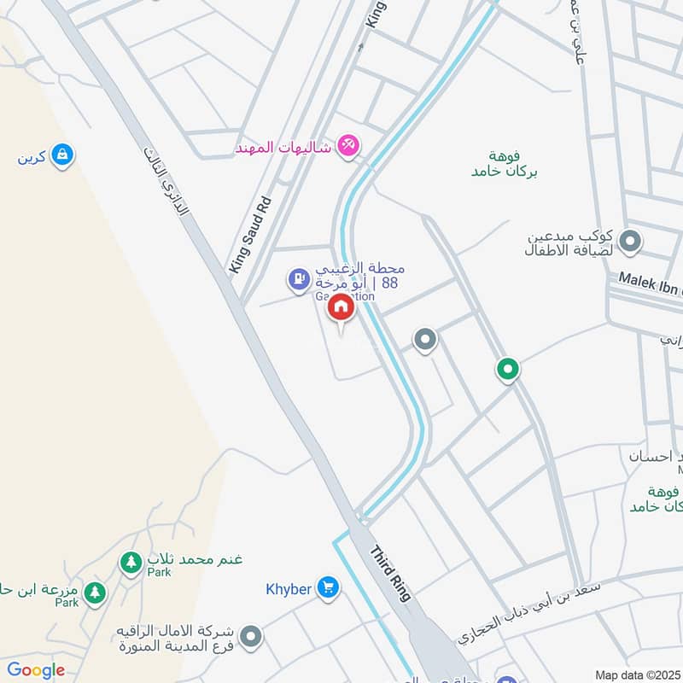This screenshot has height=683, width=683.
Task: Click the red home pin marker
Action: click(x=341, y=307)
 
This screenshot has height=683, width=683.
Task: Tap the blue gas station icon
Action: click(x=298, y=277)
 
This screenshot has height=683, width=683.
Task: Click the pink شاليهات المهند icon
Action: click(x=347, y=146)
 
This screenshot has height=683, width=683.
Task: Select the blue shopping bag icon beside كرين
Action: click(x=61, y=155)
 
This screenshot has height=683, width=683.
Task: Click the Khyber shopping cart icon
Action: click(x=327, y=587)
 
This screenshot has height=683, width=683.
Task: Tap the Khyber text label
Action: click(x=288, y=588)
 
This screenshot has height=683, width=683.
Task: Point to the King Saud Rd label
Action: click(x=250, y=235)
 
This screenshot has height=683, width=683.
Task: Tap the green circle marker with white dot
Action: click(x=508, y=370)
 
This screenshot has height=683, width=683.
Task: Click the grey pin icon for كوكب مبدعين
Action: click(x=630, y=242)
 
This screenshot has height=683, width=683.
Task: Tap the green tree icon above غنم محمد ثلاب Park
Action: click(x=131, y=563)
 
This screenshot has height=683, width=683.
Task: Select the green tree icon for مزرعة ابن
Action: click(x=95, y=591)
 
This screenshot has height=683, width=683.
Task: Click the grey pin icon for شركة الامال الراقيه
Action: click(x=251, y=636)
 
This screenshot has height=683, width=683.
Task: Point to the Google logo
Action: click(x=35, y=670)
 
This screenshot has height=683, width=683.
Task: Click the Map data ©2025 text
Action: click(x=639, y=674)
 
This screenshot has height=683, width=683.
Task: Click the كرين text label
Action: click(x=31, y=157)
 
